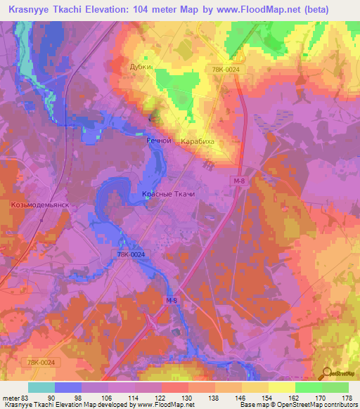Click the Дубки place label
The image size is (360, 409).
[140, 67]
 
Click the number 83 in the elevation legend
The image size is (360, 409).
[26, 398]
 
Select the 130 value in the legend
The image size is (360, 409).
[188, 398]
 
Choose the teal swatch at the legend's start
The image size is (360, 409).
[41, 387]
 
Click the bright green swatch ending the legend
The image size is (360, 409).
[335, 387]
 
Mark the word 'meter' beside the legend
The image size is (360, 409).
[11, 398]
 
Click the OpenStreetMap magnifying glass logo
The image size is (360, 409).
[326, 372]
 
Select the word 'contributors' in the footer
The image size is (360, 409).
[335, 405]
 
